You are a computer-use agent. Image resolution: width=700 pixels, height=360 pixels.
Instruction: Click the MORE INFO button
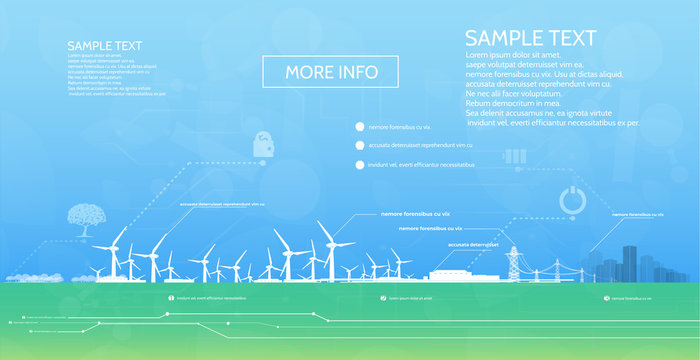pos(331,71)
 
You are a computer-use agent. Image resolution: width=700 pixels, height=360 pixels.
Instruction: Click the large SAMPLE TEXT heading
pos(530,39)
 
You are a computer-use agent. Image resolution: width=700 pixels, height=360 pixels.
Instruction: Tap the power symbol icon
pos(572,200)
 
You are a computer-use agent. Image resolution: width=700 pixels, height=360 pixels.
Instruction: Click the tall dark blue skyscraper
pos(631,262)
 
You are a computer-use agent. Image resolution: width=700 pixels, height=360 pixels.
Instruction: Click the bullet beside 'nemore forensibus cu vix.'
pos(359,127)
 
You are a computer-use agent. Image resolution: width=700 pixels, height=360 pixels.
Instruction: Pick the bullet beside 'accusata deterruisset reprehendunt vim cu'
pos(359,146)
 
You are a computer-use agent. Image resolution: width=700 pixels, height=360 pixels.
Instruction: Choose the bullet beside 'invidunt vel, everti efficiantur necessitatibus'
pos(359,165)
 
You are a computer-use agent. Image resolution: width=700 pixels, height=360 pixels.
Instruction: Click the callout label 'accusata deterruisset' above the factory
pos(473,244)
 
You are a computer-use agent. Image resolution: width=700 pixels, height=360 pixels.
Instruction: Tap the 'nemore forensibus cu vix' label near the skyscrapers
pos(637,214)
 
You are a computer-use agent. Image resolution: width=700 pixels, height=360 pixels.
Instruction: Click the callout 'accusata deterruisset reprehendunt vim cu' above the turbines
pos(222,204)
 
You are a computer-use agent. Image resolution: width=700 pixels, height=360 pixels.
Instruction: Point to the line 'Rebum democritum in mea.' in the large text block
pos(511,104)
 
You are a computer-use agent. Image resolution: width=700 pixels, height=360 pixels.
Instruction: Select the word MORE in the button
pos(306,71)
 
